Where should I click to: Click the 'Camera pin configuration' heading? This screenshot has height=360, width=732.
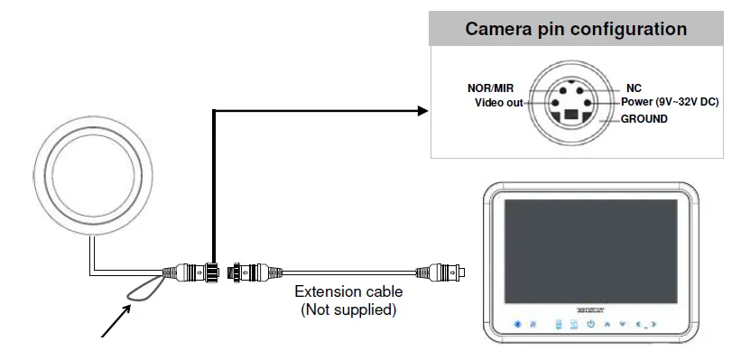click(576, 29)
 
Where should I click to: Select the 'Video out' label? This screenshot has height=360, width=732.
click(498, 103)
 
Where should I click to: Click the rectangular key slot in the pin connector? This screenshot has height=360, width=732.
click(571, 116)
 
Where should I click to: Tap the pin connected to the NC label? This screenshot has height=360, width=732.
click(580, 91)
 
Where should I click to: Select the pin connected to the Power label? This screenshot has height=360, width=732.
click(588, 104)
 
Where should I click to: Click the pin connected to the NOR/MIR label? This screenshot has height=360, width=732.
click(562, 91)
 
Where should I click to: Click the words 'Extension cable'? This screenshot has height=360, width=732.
click(348, 292)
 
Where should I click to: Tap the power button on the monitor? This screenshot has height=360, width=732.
click(590, 324)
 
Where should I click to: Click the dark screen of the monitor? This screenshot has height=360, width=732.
click(591, 253)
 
